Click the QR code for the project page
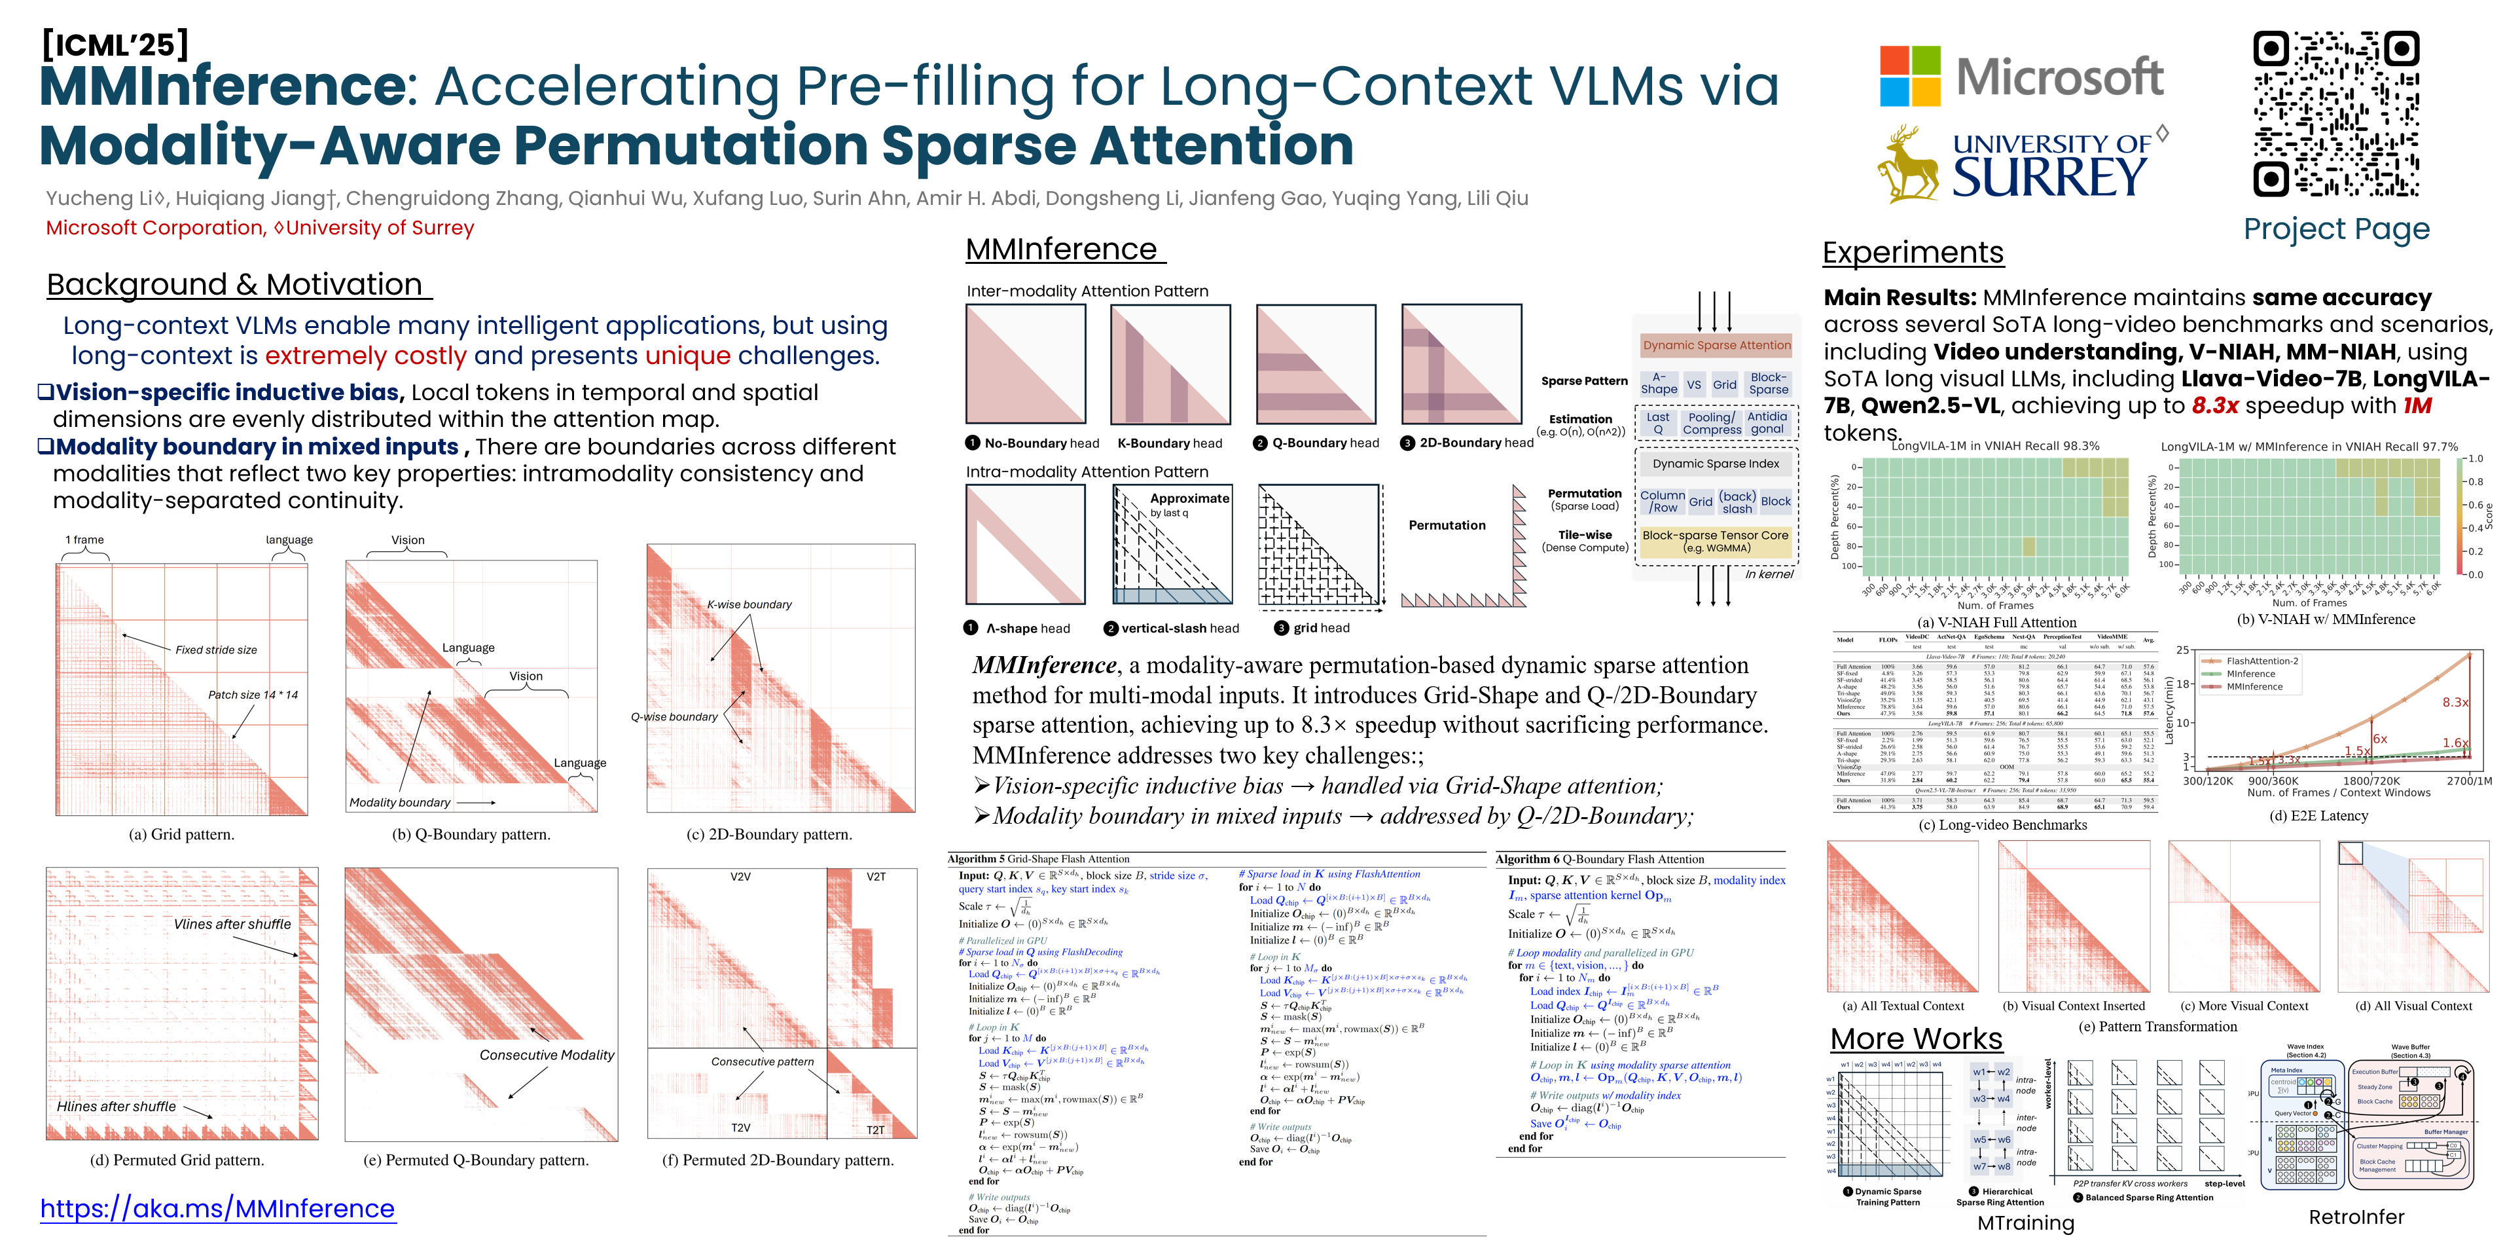2335,114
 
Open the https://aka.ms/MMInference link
218,1208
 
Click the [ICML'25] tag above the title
115,45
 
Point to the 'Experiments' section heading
1912,252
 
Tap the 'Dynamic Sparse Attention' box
1716,345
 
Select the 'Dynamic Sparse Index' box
1716,464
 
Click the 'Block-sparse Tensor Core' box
1716,541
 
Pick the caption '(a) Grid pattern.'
182,834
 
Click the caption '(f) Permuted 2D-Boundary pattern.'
778,1160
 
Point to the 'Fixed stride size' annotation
216,650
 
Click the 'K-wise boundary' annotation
749,604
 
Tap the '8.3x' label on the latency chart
2455,703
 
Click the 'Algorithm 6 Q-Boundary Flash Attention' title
1600,859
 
